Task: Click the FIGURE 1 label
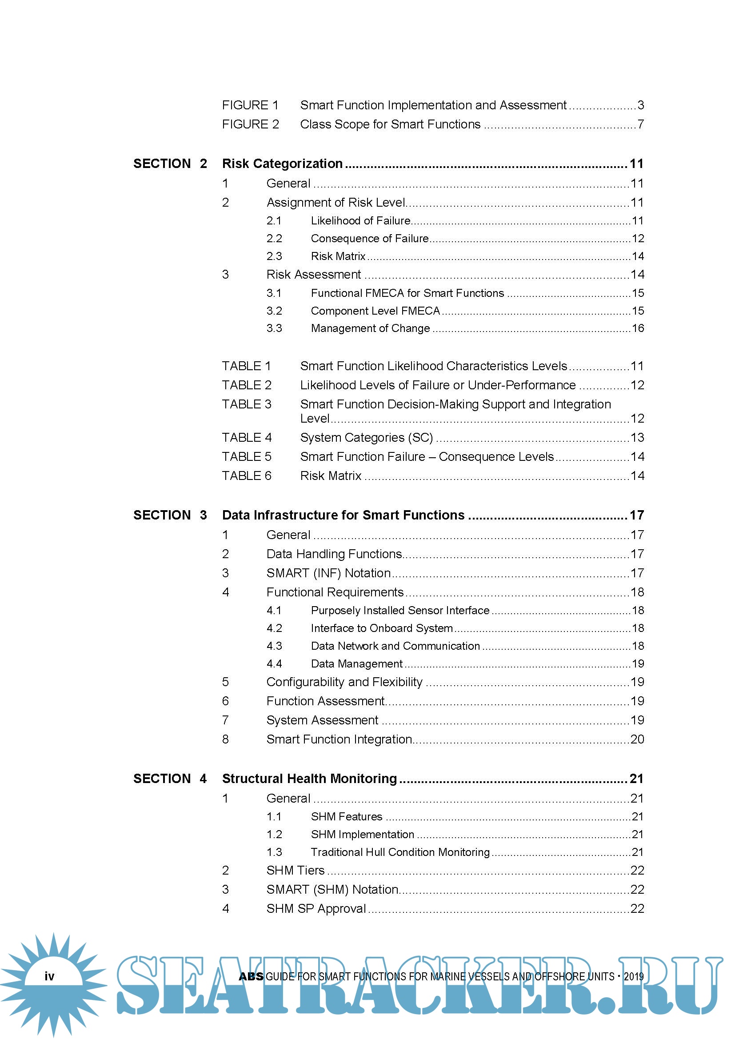tap(250, 105)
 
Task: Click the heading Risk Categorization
tap(282, 164)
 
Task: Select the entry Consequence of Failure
tap(369, 239)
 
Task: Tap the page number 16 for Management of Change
tap(638, 328)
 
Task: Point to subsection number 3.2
tap(274, 311)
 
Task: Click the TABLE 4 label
tap(247, 438)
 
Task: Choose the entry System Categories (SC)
tap(366, 438)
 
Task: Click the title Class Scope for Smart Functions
tap(390, 124)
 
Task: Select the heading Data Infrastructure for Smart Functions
tap(343, 516)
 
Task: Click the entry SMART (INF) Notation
tap(328, 573)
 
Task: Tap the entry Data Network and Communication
tap(395, 646)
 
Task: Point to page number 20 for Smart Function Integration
tap(637, 739)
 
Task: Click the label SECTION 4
tap(170, 779)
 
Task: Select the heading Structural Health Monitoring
tap(309, 779)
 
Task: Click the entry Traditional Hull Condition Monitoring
tap(400, 852)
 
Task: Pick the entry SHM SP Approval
tap(316, 909)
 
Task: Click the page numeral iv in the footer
tap(49, 976)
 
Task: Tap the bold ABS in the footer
tap(251, 976)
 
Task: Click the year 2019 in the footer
tap(634, 976)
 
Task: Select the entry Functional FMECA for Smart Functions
tap(407, 293)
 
